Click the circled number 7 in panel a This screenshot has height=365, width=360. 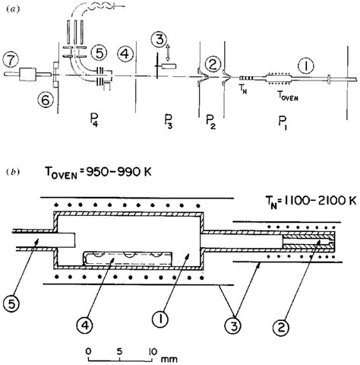[13, 58]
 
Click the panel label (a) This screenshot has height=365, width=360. [11, 8]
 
